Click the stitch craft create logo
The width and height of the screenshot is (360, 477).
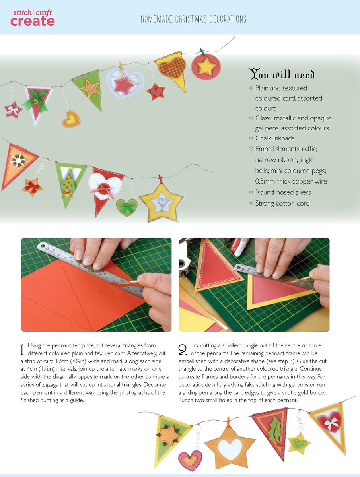tap(32, 18)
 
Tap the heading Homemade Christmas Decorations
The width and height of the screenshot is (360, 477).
tap(193, 19)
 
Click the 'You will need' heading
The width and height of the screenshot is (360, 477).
tap(282, 74)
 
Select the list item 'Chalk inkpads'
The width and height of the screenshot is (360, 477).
tap(275, 138)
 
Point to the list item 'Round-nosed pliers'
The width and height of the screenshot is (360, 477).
tap(283, 192)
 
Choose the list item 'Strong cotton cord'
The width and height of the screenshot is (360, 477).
tap(282, 203)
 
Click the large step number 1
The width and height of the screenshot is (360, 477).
tap(22, 350)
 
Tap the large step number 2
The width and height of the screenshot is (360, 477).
tap(183, 350)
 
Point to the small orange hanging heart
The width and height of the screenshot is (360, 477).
tap(71, 119)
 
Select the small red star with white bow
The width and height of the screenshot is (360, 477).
tap(13, 110)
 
